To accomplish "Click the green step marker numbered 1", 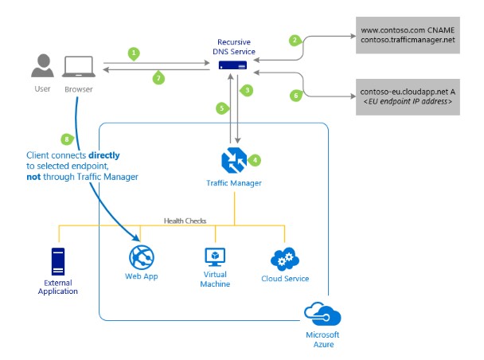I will pyautogui.click(x=134, y=53).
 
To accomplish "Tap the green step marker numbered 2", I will pyautogui.click(x=295, y=40).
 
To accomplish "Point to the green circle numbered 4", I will pyautogui.click(x=255, y=159).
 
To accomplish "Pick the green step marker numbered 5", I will pyautogui.click(x=222, y=107).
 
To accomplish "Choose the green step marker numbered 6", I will pyautogui.click(x=296, y=95).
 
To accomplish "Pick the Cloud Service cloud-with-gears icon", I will pyautogui.click(x=284, y=259).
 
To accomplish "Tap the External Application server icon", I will pyautogui.click(x=57, y=261).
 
